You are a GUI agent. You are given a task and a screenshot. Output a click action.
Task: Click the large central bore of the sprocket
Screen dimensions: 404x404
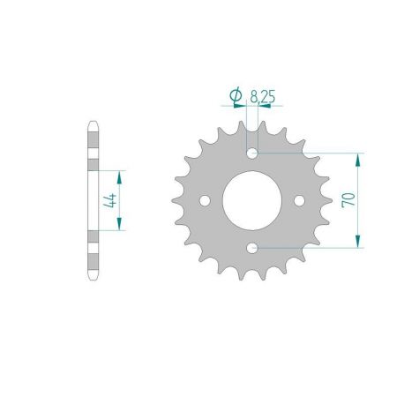(x=251, y=201)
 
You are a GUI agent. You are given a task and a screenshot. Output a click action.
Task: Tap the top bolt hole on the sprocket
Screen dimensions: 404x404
(x=252, y=153)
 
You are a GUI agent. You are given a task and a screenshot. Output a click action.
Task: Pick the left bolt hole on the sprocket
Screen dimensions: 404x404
(x=205, y=201)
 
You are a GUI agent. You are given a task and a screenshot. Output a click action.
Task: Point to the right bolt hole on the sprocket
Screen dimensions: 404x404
(x=299, y=201)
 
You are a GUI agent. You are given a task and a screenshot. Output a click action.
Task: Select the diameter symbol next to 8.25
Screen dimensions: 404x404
(x=236, y=94)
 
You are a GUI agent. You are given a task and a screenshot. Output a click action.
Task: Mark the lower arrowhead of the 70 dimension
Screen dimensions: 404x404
(x=357, y=243)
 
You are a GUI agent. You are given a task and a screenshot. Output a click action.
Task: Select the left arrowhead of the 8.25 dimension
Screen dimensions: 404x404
(x=243, y=105)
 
